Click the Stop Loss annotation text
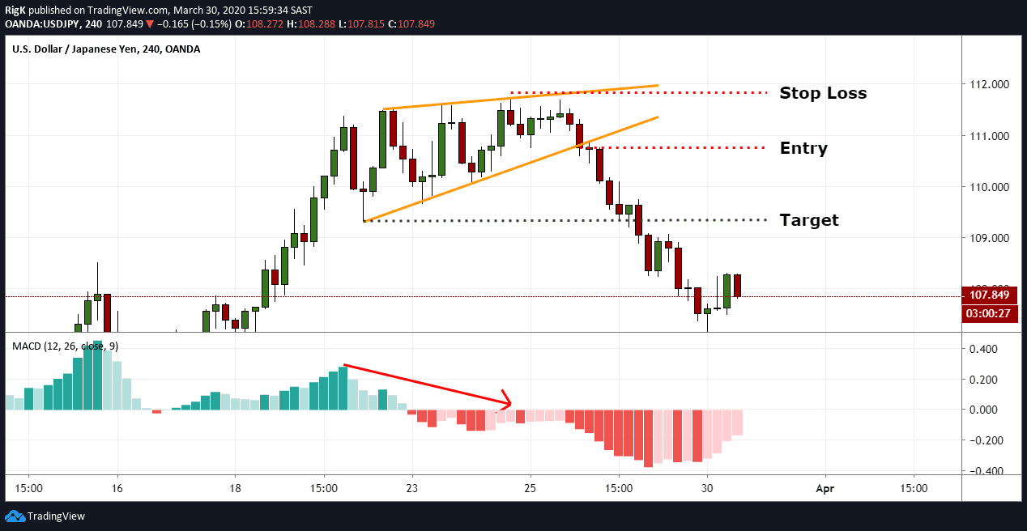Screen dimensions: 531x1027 tap(822, 93)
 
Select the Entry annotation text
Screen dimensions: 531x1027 tap(803, 148)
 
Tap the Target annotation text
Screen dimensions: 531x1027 tap(808, 220)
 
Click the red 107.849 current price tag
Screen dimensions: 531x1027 tap(989, 296)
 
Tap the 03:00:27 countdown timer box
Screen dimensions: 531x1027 tap(989, 313)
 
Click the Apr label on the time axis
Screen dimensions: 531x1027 tap(825, 489)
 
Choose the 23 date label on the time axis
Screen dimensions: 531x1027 tap(412, 489)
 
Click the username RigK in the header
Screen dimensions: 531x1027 tap(16, 9)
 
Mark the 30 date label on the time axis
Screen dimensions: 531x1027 tap(707, 489)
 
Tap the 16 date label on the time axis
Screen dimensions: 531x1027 tap(117, 489)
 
